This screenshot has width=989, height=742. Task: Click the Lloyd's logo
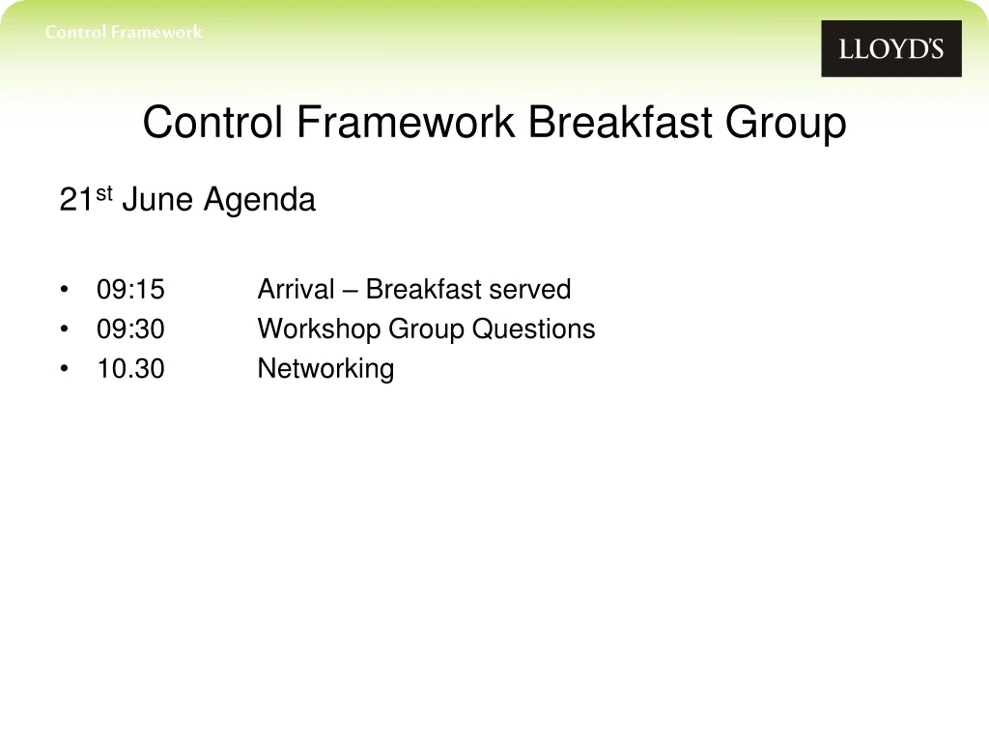(x=890, y=48)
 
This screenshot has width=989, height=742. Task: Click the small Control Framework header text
(x=124, y=32)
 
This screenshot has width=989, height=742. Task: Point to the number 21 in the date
(x=74, y=201)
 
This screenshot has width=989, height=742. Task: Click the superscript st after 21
(x=103, y=194)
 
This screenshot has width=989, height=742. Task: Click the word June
(x=158, y=201)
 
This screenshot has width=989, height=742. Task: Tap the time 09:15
(x=130, y=290)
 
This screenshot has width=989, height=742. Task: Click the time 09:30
(x=130, y=329)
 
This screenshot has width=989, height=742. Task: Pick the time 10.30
(x=130, y=369)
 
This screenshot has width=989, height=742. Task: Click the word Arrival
(x=296, y=290)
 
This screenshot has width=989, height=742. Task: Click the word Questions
(x=533, y=329)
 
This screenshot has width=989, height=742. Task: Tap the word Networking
(x=325, y=369)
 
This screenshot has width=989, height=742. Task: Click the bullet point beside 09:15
(x=64, y=290)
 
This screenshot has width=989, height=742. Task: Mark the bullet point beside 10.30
(x=64, y=369)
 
